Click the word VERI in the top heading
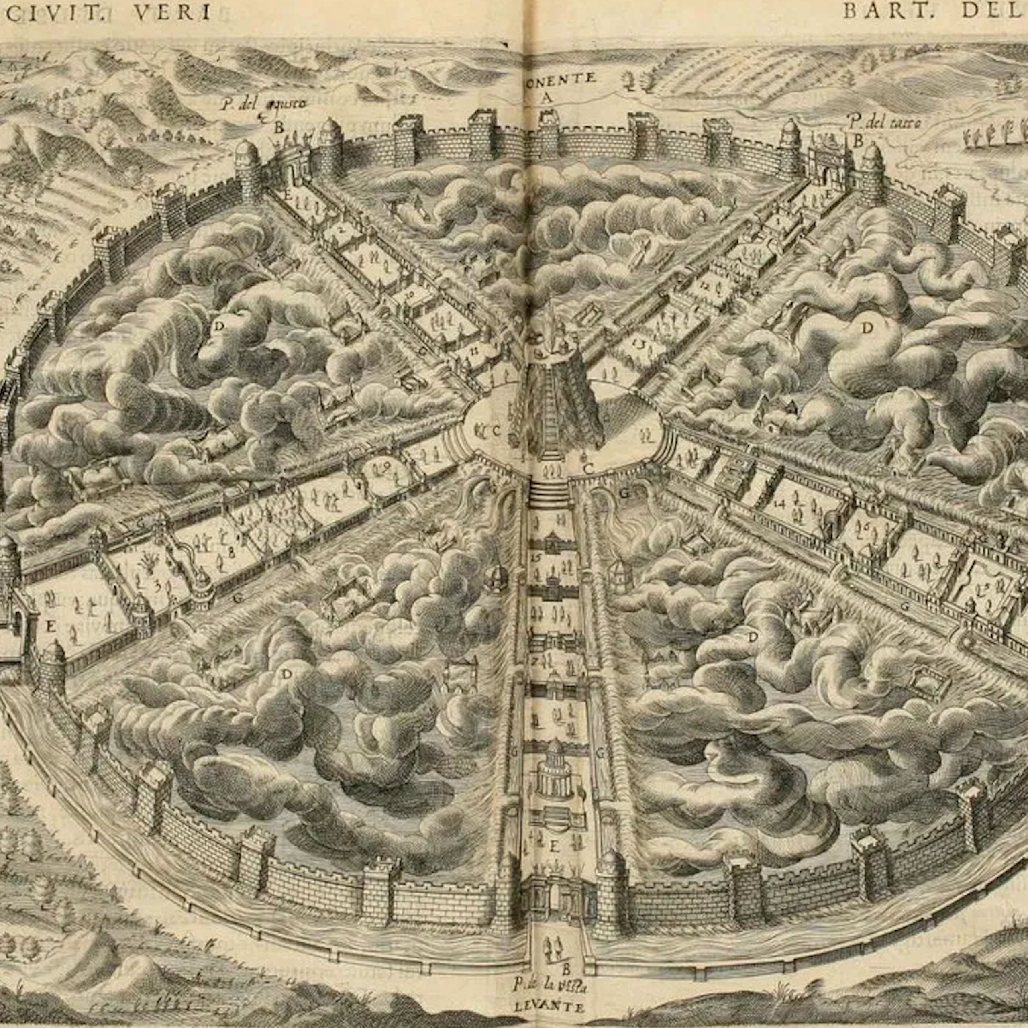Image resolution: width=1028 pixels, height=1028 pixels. (172, 12)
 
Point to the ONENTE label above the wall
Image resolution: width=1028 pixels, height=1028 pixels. (559, 78)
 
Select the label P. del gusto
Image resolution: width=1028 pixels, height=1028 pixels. (264, 103)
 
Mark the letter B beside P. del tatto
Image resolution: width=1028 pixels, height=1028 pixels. (858, 141)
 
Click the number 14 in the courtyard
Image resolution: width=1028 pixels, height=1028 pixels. (780, 503)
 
